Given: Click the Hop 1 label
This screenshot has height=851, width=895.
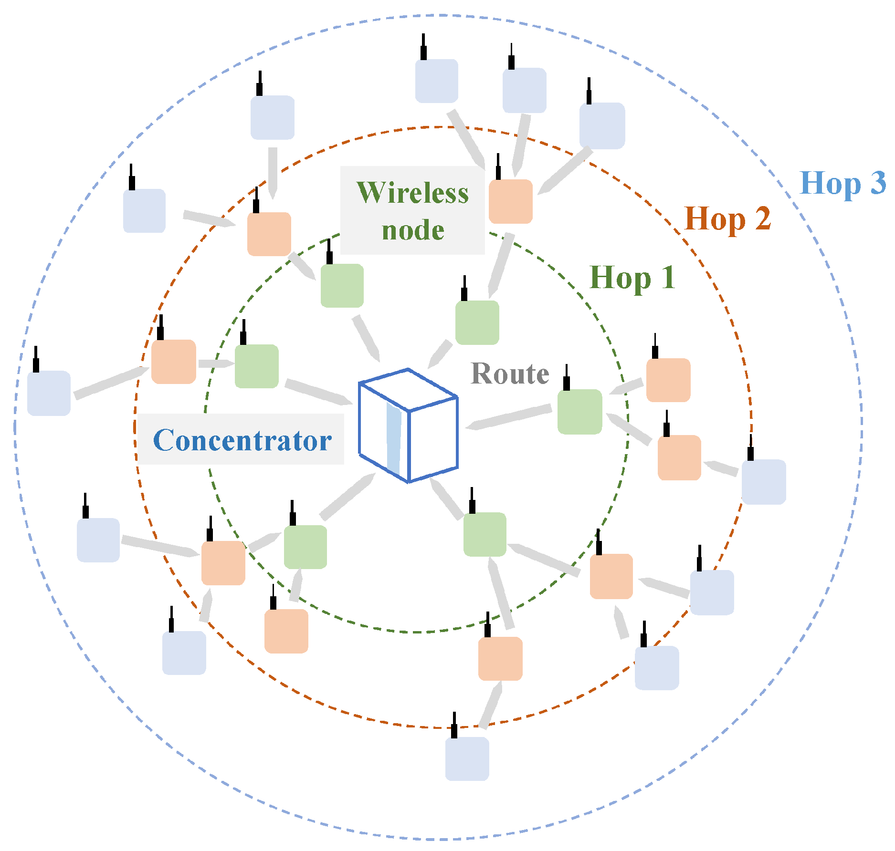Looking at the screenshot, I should (632, 278).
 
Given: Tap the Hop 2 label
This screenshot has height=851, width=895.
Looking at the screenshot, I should (727, 219).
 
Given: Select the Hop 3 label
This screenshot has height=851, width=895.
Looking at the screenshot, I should (842, 184).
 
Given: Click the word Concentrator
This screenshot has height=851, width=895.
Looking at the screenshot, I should (242, 440).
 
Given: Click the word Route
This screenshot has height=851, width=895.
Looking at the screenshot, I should (510, 374).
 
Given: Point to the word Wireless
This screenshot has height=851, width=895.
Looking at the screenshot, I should (412, 193).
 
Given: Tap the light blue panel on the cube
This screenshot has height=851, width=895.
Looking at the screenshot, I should (393, 439).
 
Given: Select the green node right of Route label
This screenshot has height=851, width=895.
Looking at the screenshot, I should (579, 412).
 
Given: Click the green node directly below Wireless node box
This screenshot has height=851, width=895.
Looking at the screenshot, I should (342, 285).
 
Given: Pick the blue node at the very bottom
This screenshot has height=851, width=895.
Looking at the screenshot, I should (467, 758).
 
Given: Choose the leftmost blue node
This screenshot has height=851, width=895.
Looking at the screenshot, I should (49, 393).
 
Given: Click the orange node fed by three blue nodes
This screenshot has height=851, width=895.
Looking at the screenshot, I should (510, 201).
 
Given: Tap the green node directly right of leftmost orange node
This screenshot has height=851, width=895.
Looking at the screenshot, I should (256, 366).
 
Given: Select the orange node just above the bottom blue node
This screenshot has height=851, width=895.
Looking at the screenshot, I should (500, 658).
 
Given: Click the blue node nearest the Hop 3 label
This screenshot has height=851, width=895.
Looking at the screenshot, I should (602, 125).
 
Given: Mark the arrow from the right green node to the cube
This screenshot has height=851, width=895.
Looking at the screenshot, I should (509, 417).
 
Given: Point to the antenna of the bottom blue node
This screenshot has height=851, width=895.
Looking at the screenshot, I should (454, 726).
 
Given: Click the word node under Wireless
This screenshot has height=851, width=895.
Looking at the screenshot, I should (413, 230).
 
